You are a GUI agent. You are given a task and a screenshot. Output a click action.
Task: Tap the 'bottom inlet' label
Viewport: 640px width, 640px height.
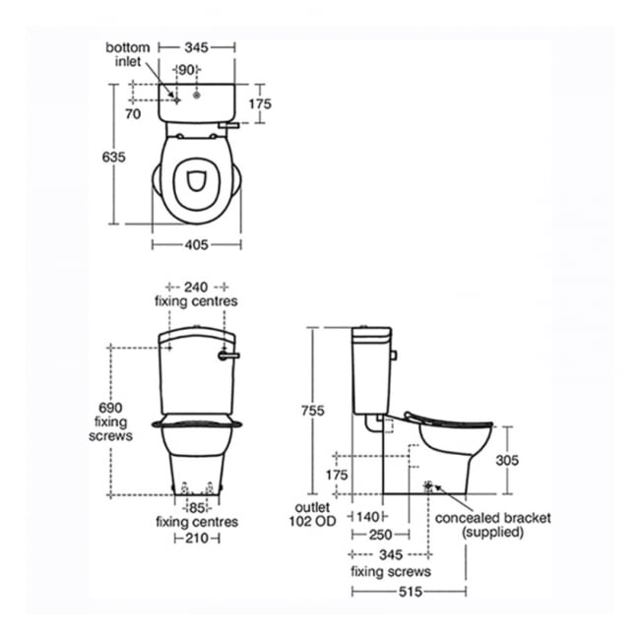pyautogui.click(x=128, y=55)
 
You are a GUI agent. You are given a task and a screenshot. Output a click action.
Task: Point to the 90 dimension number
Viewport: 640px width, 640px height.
pyautogui.click(x=186, y=70)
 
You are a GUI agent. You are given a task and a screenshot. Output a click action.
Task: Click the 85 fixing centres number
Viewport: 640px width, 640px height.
pyautogui.click(x=197, y=508)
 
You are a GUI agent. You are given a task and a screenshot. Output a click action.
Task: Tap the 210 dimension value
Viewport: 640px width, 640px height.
pyautogui.click(x=197, y=539)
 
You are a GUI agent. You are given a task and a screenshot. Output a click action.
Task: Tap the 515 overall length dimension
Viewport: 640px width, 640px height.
pyautogui.click(x=409, y=591)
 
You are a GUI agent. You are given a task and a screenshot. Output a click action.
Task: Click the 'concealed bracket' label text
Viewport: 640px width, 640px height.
pyautogui.click(x=494, y=518)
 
